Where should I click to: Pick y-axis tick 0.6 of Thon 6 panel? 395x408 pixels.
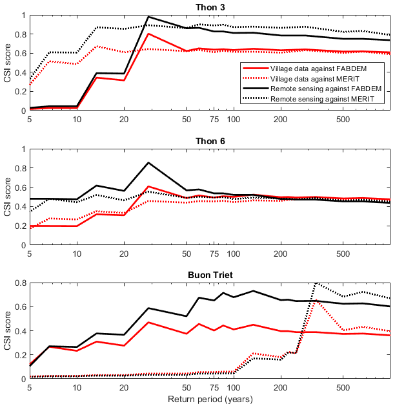point(21,188)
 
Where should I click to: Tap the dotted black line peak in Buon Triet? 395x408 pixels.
point(315,283)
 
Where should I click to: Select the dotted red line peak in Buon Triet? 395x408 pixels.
point(315,299)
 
